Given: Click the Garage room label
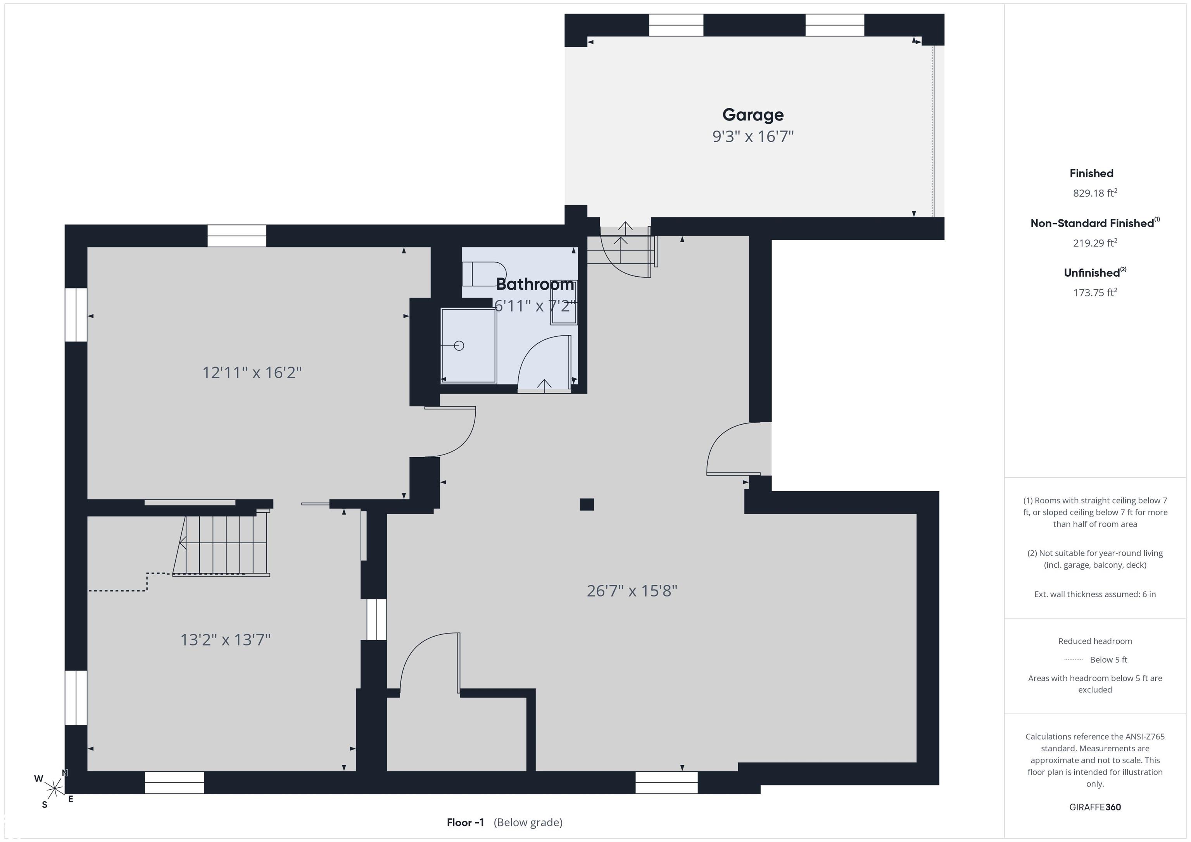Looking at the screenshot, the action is click(x=753, y=115).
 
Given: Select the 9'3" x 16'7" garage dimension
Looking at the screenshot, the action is click(x=753, y=136).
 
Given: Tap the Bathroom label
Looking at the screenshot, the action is click(x=535, y=284).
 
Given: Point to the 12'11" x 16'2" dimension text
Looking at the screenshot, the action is click(x=252, y=372).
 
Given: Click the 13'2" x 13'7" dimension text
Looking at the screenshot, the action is click(x=225, y=639).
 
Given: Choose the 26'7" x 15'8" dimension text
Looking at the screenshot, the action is click(x=632, y=591).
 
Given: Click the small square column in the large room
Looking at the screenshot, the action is click(x=587, y=504).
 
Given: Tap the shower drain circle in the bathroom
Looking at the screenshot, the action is click(x=459, y=345).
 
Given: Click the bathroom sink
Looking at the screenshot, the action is click(x=563, y=304).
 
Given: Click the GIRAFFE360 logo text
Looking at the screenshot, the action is click(x=1095, y=807).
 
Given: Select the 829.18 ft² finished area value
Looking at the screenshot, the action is click(x=1095, y=193).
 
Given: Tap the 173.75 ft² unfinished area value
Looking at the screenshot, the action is click(x=1095, y=293).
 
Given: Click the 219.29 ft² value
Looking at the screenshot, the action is click(x=1095, y=243).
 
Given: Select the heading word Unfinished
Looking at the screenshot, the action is click(x=1091, y=273).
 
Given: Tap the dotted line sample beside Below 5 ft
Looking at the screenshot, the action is click(x=1073, y=660).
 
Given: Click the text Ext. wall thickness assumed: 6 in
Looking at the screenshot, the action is click(x=1095, y=594).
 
